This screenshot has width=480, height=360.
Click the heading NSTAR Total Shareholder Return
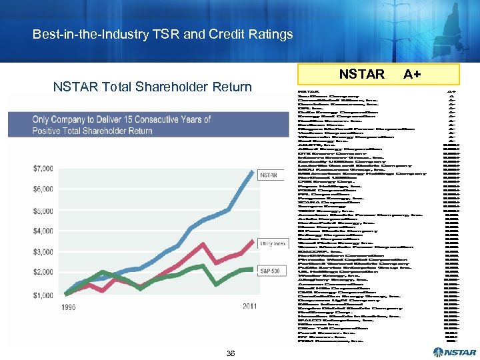click(x=152, y=87)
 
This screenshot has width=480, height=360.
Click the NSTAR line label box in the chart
click(x=268, y=175)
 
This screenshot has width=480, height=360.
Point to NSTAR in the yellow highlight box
click(x=361, y=74)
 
